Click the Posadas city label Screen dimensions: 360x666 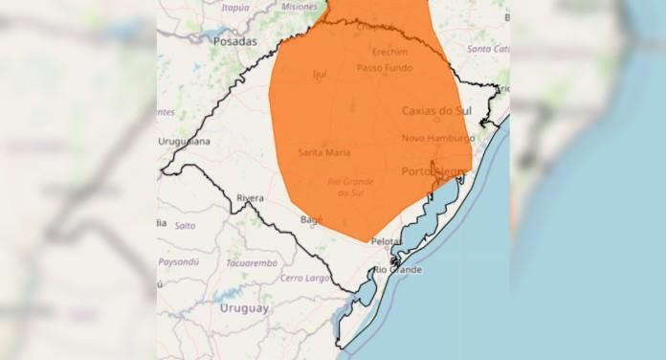(234, 42)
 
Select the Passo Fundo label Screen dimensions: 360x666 (383, 68)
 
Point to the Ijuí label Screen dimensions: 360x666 (320, 74)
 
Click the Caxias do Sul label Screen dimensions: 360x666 (436, 111)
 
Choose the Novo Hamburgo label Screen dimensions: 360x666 (437, 138)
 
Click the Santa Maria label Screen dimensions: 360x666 (323, 152)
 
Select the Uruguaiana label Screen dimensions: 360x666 (184, 142)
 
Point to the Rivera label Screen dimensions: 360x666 (250, 198)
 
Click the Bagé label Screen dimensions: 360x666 (312, 219)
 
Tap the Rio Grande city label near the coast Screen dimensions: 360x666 (397, 270)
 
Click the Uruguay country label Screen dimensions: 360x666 (244, 308)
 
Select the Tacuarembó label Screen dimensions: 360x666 (251, 262)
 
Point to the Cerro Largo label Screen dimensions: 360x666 (303, 278)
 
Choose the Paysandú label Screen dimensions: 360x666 (179, 261)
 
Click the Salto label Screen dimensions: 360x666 (185, 225)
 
